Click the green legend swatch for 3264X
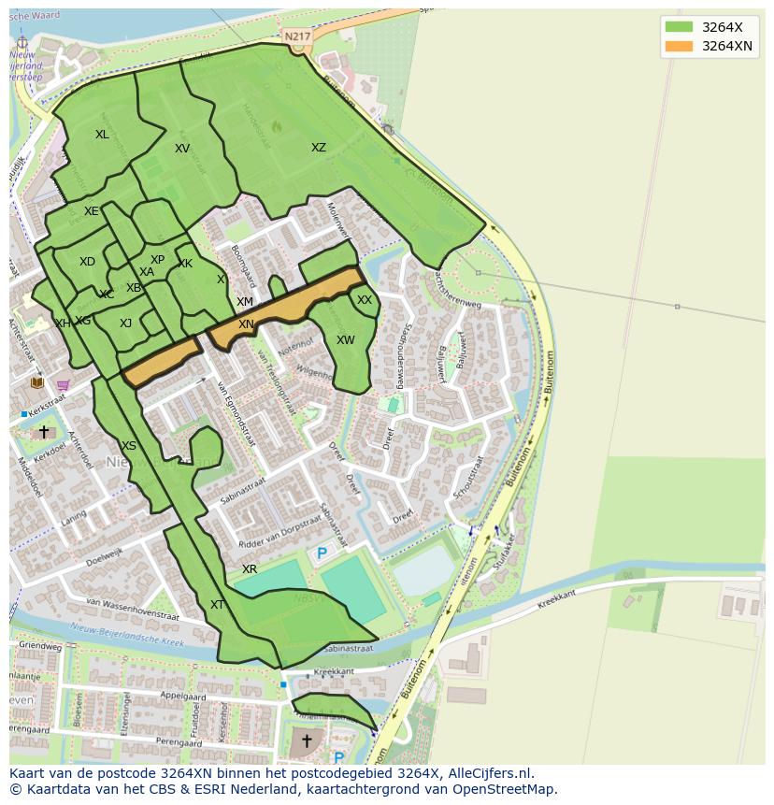pos(680,26)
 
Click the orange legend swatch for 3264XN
pos(680,46)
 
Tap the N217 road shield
pos(297,36)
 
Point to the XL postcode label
pos(102,135)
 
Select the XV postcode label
pos(182,149)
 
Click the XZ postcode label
pos(319,148)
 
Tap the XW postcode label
pos(346,340)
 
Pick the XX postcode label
pos(365,300)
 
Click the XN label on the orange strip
pos(246,324)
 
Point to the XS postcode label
pos(129,446)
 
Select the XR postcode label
pos(250,569)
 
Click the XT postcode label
pos(217,605)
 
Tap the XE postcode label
pos(91,211)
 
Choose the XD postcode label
pos(87,262)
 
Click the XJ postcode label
pos(125,323)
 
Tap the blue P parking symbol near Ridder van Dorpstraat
pos(322,553)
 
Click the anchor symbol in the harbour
pos(23,43)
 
